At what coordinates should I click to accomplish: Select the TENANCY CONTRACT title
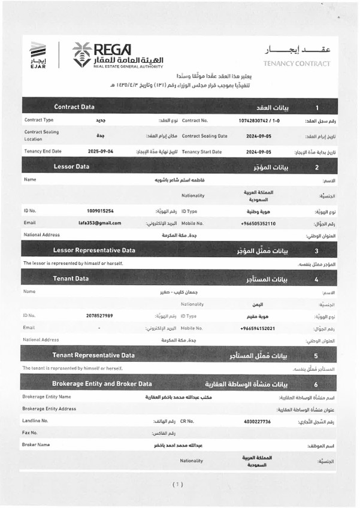tap(296, 63)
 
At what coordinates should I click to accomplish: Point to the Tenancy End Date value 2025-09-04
tap(101, 152)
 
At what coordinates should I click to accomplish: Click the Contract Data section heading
tap(74, 107)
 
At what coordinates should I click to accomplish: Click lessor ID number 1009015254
tap(100, 211)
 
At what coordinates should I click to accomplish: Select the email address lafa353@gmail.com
tap(99, 223)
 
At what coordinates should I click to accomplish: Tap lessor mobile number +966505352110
tap(258, 223)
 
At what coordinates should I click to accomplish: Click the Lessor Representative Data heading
tap(94, 250)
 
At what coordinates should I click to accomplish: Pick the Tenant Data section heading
tap(71, 279)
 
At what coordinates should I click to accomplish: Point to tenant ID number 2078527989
tap(99, 315)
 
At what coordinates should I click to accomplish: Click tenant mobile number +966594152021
tap(257, 328)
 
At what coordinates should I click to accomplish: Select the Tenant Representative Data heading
tap(93, 355)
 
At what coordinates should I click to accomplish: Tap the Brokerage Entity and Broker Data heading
tap(102, 383)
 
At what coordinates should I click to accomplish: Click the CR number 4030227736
tap(258, 421)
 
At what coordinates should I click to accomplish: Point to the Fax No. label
tap(30, 433)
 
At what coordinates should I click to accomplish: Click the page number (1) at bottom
tap(178, 484)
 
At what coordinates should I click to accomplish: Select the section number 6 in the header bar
tap(316, 384)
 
